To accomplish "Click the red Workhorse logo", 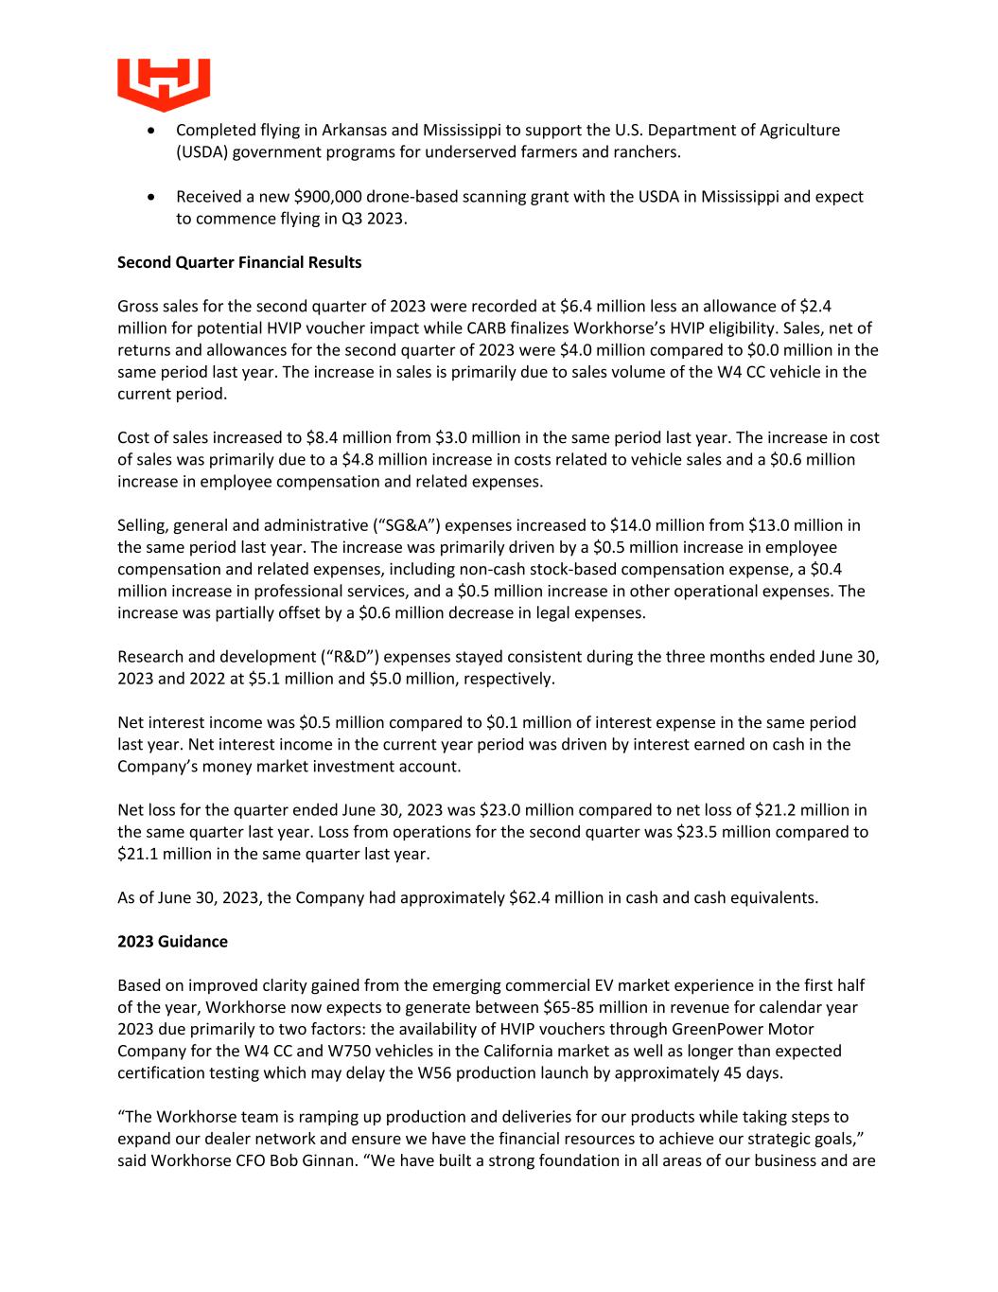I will [x=164, y=83].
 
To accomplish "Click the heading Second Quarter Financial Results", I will [x=239, y=262].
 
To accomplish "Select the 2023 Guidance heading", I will [x=172, y=941].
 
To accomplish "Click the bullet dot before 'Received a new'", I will [x=152, y=197].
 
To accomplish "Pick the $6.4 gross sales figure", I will [x=576, y=306].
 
